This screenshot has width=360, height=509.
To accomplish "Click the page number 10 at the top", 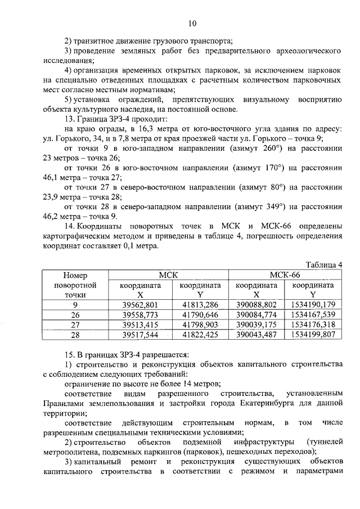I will click(x=192, y=23).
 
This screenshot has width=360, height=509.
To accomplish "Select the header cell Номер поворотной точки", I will click(x=74, y=285).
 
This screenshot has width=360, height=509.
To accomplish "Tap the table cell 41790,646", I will click(x=199, y=314).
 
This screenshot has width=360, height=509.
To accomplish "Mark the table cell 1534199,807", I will click(x=313, y=335).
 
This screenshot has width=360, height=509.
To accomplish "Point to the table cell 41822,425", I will click(x=199, y=335).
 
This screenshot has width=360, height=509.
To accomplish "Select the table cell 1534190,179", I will click(x=313, y=305).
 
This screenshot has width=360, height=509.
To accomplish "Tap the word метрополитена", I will click(x=70, y=452).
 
